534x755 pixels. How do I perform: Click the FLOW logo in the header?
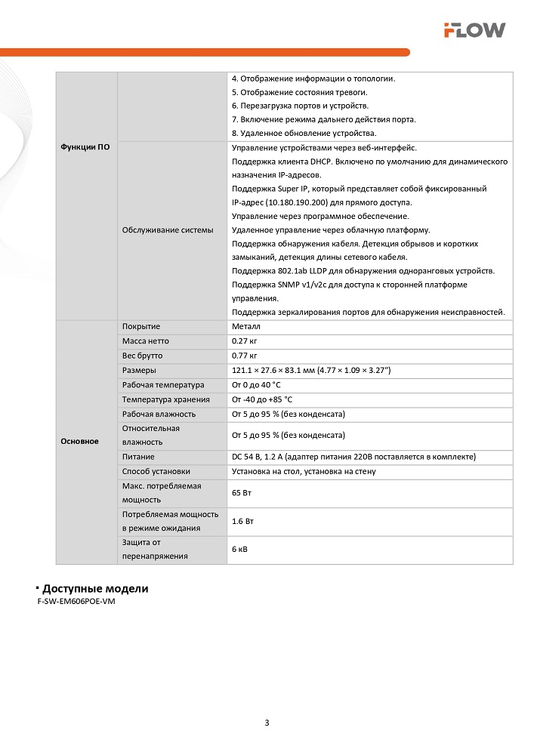coord(474,30)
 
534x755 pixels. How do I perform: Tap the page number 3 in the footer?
coord(267,723)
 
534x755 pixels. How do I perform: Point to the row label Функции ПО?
coord(85,147)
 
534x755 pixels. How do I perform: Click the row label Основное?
coord(79,441)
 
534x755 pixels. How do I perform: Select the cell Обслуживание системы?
coord(168,230)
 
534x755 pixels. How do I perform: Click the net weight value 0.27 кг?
coord(245,341)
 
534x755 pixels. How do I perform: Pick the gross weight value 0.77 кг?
coord(245,356)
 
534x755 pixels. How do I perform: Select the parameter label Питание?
coord(138,457)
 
